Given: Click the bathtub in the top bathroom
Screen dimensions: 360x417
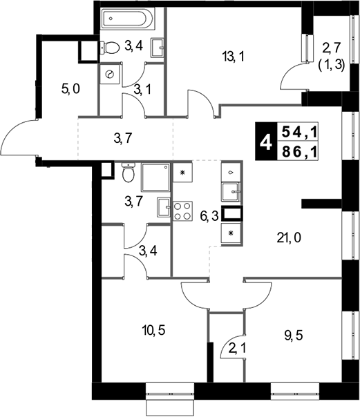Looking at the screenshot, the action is tap(128, 19).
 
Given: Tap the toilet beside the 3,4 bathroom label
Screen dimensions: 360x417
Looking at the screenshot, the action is tap(110, 48).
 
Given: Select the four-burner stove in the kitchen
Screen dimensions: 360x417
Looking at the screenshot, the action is tap(183, 211).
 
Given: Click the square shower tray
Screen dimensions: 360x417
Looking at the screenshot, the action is tap(155, 177).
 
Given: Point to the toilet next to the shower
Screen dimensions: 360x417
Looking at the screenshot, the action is tap(129, 173).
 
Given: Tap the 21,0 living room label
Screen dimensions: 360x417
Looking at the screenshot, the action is tap(289, 237).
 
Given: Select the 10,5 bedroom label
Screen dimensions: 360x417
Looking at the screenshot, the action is tap(153, 331).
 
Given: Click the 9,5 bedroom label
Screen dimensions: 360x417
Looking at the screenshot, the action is tap(294, 336).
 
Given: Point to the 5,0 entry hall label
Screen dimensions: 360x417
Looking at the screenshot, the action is tap(70, 89).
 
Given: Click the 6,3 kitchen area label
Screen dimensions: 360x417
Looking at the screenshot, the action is tap(209, 217).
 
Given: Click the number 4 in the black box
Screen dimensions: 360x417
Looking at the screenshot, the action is tap(266, 142).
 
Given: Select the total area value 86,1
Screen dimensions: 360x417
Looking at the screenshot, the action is tap(299, 152).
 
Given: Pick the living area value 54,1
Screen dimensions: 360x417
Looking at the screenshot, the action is tap(299, 132).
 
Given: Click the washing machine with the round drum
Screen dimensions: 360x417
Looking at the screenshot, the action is tap(110, 75).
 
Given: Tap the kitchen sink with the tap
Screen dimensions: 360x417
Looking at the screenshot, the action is tap(231, 192).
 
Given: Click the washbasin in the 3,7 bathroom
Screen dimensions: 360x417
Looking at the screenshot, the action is tap(164, 207).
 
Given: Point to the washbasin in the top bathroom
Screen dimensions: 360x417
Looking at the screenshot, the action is tap(158, 48).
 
